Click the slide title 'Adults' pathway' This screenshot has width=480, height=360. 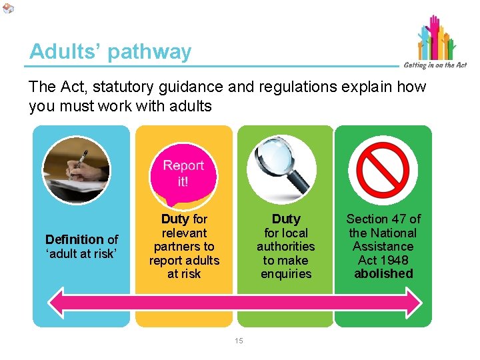[x=110, y=52]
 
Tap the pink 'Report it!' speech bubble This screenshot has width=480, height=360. [x=183, y=173]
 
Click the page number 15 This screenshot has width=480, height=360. [x=239, y=341]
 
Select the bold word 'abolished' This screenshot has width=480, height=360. [x=383, y=273]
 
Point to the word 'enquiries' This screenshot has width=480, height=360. [x=286, y=273]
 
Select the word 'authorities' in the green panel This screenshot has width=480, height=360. [x=286, y=247]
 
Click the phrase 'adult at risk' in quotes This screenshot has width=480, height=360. [x=81, y=253]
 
